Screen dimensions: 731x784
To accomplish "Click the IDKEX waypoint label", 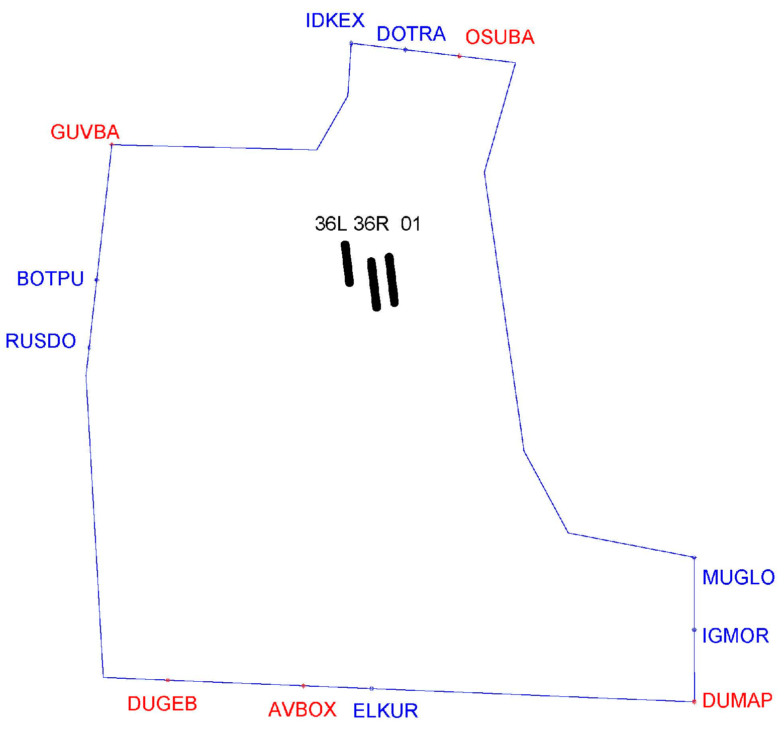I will pyautogui.click(x=335, y=21).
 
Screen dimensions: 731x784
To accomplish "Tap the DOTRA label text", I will pyautogui.click(x=411, y=34).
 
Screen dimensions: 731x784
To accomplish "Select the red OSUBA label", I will pyautogui.click(x=500, y=37).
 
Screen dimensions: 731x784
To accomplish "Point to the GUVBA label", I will pyautogui.click(x=85, y=132).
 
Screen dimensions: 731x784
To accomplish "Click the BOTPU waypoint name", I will pyautogui.click(x=50, y=279).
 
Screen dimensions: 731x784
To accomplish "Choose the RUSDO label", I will pyautogui.click(x=41, y=341).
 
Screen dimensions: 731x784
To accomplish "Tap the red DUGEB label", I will pyautogui.click(x=162, y=704).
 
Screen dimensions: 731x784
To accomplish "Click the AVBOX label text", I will pyautogui.click(x=302, y=710).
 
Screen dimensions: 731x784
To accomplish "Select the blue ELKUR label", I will pyautogui.click(x=385, y=711).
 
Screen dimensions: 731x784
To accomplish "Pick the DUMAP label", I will pyautogui.click(x=737, y=700).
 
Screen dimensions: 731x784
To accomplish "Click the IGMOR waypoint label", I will pyautogui.click(x=735, y=636).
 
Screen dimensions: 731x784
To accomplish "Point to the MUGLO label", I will pyautogui.click(x=738, y=578).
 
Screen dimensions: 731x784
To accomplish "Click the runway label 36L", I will pyautogui.click(x=331, y=224).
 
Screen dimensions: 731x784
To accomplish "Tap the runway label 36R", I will pyautogui.click(x=371, y=224).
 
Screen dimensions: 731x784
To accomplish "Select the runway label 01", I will pyautogui.click(x=411, y=224).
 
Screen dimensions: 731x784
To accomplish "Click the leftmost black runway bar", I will pyautogui.click(x=347, y=264).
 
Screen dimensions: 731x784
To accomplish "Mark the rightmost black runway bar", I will pyautogui.click(x=391, y=280).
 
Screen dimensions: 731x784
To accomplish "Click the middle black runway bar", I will pyautogui.click(x=374, y=284).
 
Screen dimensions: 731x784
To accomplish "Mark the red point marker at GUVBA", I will pyautogui.click(x=112, y=145).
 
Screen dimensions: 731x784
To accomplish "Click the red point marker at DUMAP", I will pyautogui.click(x=694, y=702).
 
